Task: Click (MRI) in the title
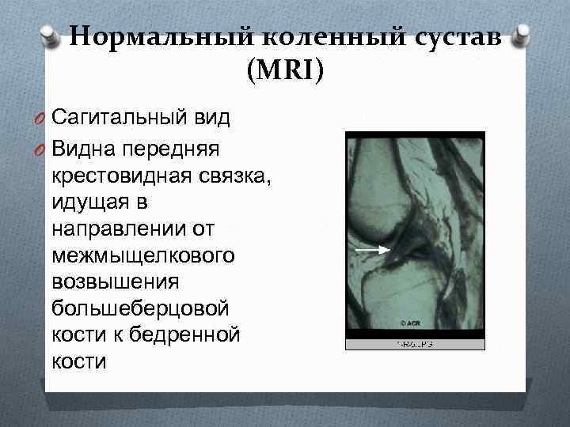pyautogui.click(x=285, y=72)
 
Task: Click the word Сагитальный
pyautogui.click(x=119, y=119)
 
